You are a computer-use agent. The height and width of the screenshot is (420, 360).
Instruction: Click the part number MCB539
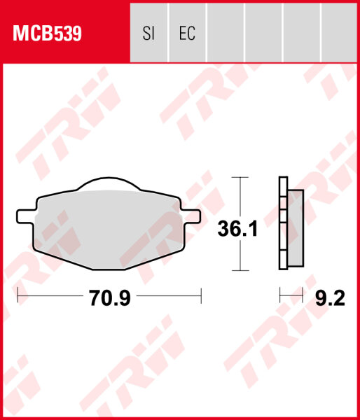click(x=46, y=33)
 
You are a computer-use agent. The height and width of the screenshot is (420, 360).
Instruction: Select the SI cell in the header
click(x=148, y=33)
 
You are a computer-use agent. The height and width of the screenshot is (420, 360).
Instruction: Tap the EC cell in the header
click(x=186, y=33)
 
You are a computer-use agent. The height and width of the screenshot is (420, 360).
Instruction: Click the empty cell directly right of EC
click(x=225, y=33)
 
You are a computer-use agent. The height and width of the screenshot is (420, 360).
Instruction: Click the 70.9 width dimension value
click(x=110, y=299)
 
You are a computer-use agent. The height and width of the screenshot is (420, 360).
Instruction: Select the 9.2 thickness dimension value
click(x=331, y=299)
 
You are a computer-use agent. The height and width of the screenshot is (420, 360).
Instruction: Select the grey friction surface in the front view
click(x=105, y=224)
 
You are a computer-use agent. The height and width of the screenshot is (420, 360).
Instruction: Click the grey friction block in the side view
click(x=296, y=229)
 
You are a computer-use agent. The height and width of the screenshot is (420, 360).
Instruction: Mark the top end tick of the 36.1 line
click(x=241, y=177)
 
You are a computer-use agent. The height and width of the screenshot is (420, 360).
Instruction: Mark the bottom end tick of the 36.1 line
click(x=241, y=270)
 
